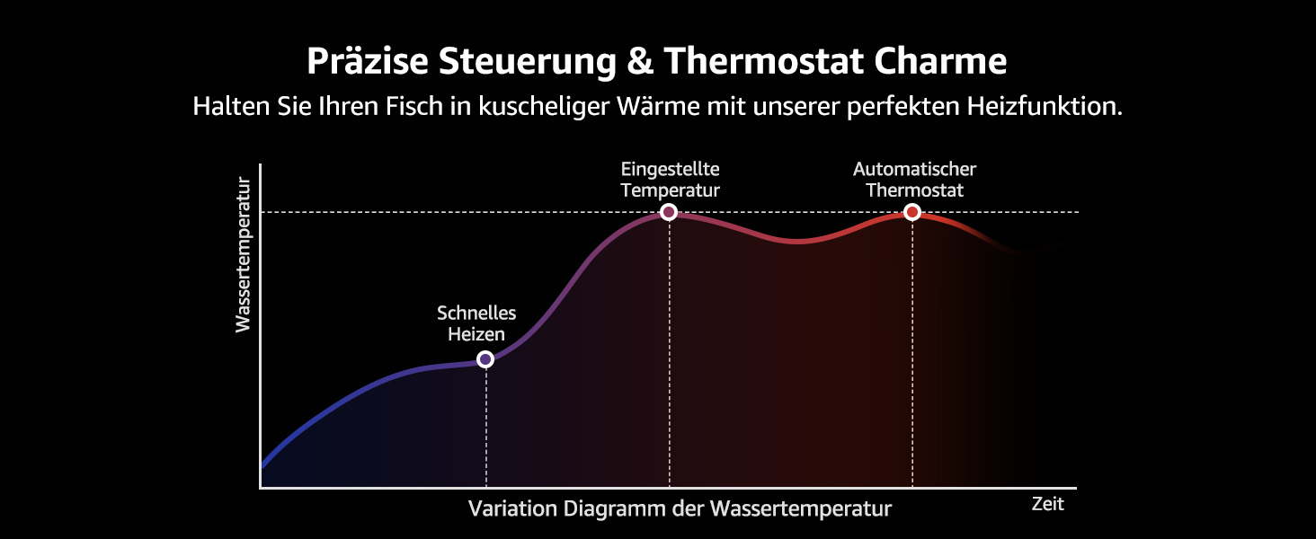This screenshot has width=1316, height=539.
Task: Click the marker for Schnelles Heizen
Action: [485, 359]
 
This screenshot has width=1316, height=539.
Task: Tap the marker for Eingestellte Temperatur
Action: [669, 212]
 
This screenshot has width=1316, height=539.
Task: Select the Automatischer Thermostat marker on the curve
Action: [912, 212]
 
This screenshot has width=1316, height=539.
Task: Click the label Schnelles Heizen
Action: [476, 323]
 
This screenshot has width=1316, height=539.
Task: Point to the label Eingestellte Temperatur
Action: [670, 180]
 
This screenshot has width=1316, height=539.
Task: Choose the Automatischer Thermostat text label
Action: [914, 180]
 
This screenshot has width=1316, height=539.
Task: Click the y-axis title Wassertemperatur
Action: [243, 255]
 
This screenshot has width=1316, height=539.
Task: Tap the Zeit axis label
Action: [1047, 504]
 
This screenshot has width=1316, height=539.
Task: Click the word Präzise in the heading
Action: [367, 62]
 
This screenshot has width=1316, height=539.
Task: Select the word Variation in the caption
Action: [511, 508]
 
